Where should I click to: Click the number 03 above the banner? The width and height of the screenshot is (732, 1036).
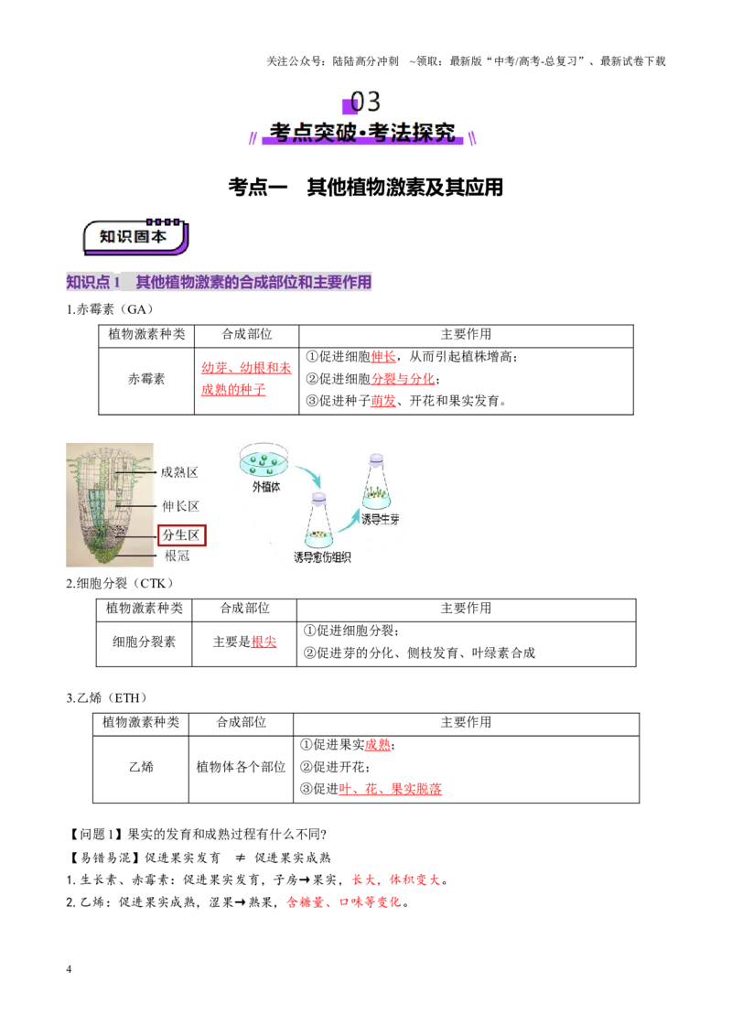click(x=365, y=101)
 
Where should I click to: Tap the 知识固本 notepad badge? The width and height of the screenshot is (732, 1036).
click(x=135, y=236)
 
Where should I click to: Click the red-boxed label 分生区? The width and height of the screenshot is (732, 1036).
click(x=182, y=534)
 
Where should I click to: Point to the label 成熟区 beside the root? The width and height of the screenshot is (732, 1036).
click(x=179, y=471)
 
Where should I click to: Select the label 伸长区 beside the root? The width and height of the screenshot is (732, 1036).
click(x=180, y=505)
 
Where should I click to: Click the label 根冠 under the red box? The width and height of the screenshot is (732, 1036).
click(x=178, y=556)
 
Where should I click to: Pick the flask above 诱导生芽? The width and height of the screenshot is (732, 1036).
click(x=376, y=481)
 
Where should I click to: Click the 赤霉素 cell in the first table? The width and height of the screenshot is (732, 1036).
click(x=146, y=379)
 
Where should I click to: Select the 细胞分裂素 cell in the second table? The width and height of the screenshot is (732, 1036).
click(x=144, y=642)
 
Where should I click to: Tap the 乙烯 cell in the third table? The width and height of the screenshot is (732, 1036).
click(x=141, y=766)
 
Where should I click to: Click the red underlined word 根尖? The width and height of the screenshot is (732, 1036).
click(x=264, y=642)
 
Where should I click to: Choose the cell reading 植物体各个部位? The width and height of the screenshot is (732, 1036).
click(x=241, y=766)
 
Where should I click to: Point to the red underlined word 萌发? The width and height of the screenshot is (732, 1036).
click(x=383, y=400)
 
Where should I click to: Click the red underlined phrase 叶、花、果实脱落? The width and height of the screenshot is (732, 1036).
click(x=390, y=788)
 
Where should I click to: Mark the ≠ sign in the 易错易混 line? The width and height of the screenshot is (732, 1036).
click(x=240, y=858)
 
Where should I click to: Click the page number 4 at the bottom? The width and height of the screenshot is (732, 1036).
click(x=69, y=968)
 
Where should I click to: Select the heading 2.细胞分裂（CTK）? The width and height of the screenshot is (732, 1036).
click(x=120, y=583)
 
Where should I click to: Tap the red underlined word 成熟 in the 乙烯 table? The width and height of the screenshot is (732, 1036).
click(x=377, y=745)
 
